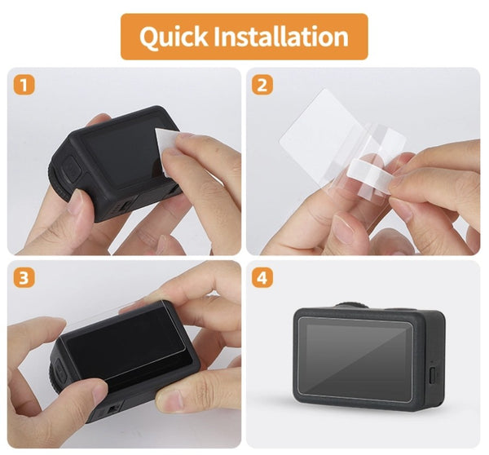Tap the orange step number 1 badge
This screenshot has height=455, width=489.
click(x=24, y=84)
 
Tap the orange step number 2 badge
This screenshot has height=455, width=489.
click(x=262, y=84)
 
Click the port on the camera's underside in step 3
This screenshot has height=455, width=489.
click(x=104, y=412)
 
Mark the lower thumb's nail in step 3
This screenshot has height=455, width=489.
click(x=174, y=400)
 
